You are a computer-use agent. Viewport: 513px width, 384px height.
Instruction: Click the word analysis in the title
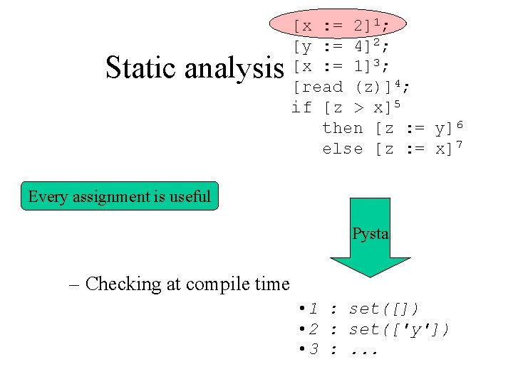pyautogui.click(x=234, y=68)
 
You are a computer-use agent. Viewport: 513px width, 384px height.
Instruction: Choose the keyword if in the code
pyautogui.click(x=302, y=107)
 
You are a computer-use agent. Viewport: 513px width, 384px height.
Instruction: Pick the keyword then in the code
pyautogui.click(x=343, y=128)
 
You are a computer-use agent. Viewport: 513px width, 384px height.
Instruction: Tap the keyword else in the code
pyautogui.click(x=343, y=149)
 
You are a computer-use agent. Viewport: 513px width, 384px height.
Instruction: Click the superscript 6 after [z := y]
pyautogui.click(x=460, y=124)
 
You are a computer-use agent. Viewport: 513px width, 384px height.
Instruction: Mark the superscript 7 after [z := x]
pyautogui.click(x=460, y=145)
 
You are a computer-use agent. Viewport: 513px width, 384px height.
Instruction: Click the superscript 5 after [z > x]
pyautogui.click(x=397, y=104)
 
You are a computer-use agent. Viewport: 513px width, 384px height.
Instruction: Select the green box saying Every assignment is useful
pyautogui.click(x=120, y=196)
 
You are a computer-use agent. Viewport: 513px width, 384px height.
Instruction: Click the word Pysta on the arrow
pyautogui.click(x=370, y=234)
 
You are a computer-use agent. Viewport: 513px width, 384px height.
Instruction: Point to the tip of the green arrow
pyautogui.click(x=370, y=276)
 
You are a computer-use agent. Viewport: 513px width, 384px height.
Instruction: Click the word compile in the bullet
pyautogui.click(x=210, y=284)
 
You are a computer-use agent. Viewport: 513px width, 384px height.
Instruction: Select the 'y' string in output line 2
pyautogui.click(x=425, y=330)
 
